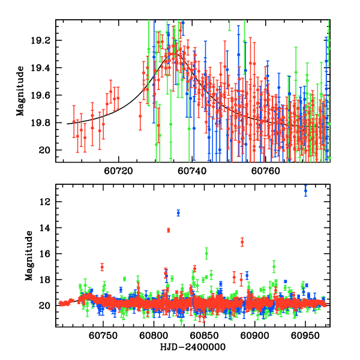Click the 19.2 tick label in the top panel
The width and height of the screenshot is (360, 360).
pyautogui.click(x=44, y=41)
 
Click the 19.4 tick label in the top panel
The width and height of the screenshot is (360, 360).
pyautogui.click(x=44, y=68)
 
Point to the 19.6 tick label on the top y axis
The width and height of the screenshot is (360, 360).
pyautogui.click(x=44, y=95)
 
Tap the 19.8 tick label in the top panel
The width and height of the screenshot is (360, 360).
pyautogui.click(x=44, y=122)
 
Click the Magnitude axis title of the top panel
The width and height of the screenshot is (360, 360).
pyautogui.click(x=20, y=91)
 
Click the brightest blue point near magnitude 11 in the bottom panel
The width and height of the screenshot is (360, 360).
pyautogui.click(x=305, y=191)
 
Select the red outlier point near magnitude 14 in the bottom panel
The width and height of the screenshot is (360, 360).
pyautogui.click(x=169, y=230)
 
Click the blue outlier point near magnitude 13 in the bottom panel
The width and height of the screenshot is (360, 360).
pyautogui.click(x=178, y=212)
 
